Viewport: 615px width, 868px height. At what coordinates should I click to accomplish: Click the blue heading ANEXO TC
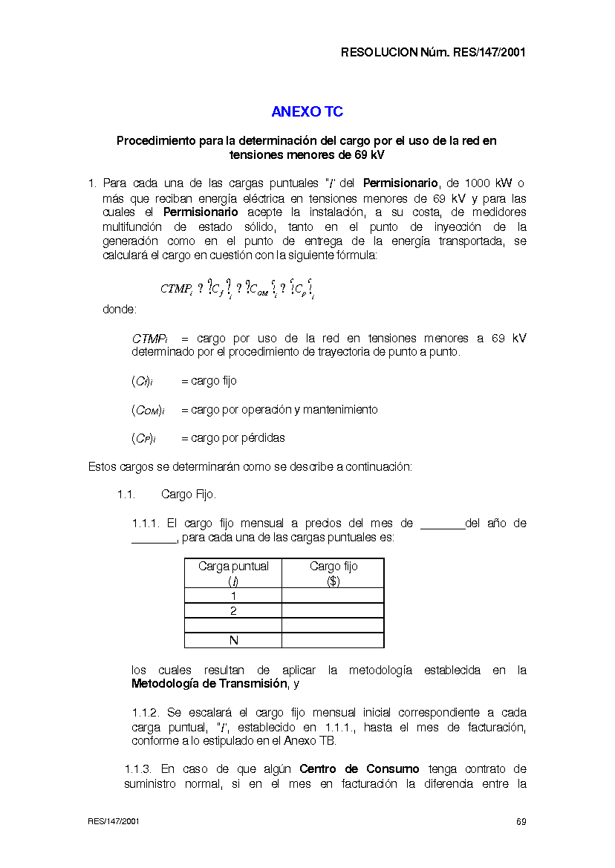point(307,112)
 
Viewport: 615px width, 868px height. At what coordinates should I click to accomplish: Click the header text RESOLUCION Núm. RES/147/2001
point(433,53)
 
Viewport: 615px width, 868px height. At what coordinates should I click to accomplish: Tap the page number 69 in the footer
point(521,822)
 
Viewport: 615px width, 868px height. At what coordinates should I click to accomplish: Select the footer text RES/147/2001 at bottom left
point(114,822)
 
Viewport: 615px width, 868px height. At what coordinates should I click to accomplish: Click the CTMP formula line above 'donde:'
point(238,289)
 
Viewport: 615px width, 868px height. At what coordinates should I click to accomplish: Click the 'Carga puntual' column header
point(233,573)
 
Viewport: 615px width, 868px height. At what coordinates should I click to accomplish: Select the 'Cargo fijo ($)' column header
point(333,573)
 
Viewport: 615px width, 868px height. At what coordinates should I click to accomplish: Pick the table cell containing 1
point(233,595)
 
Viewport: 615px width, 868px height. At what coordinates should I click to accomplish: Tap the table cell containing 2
point(233,610)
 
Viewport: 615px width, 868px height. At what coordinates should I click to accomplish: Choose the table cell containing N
point(233,640)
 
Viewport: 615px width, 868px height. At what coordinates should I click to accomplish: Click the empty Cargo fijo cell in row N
point(333,640)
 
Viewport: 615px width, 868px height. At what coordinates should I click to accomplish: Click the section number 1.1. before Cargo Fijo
point(126,495)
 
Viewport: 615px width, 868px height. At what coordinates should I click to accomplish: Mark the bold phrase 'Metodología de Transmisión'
point(208,684)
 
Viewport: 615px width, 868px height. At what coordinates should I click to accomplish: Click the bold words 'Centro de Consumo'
point(359,769)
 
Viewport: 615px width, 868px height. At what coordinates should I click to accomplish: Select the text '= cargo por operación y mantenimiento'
point(279,410)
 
